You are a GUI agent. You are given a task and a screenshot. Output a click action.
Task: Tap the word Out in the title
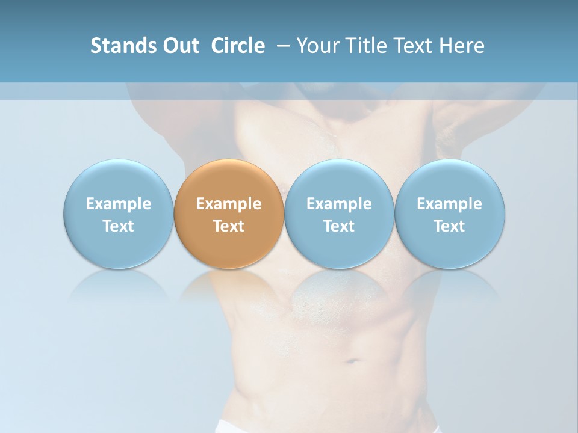[x=179, y=46]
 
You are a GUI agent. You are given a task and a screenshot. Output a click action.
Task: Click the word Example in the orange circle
[x=229, y=204]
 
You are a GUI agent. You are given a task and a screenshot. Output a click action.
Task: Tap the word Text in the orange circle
[x=229, y=226]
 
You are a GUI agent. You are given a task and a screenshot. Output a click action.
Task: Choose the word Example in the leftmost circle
[x=119, y=204]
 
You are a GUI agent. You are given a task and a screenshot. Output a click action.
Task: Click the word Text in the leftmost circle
[x=119, y=226]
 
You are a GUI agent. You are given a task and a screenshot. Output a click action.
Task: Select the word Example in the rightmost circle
[x=450, y=204]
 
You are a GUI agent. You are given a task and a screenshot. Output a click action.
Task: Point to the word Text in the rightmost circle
[x=450, y=226]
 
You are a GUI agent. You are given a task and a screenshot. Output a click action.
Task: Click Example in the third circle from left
[x=339, y=204]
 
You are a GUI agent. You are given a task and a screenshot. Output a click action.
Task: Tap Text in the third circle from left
[x=339, y=226]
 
